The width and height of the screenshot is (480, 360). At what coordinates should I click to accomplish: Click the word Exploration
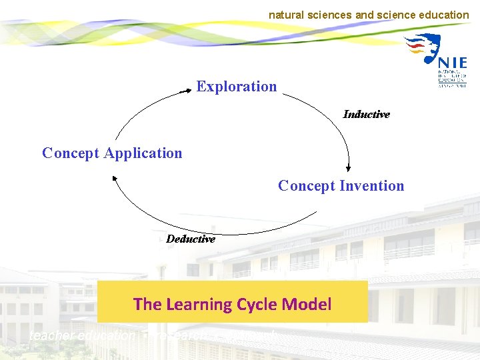(x=236, y=87)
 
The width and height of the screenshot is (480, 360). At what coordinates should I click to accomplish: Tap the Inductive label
(x=366, y=115)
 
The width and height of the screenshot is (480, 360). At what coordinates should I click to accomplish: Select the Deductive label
(x=191, y=239)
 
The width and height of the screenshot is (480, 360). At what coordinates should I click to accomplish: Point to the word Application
(x=143, y=153)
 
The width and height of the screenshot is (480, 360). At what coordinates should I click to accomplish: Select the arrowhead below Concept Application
(x=115, y=177)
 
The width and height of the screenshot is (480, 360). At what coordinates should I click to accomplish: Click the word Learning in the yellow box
(x=199, y=305)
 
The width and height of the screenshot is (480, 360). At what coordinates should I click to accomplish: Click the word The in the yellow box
(x=147, y=305)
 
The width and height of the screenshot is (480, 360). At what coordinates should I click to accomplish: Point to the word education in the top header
(x=444, y=15)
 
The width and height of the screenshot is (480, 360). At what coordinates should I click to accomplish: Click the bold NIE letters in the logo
(x=453, y=63)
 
